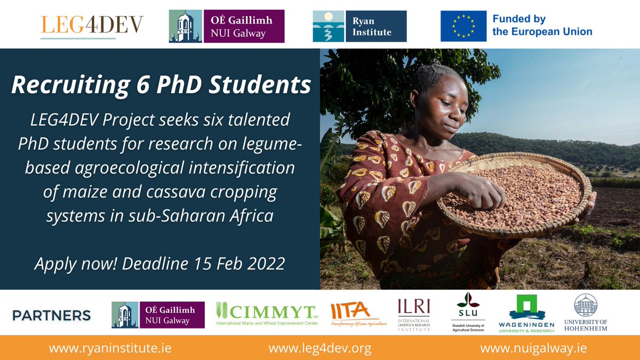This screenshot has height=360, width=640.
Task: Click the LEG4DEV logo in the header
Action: (x=92, y=26)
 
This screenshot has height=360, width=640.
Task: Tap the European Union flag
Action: (x=463, y=26)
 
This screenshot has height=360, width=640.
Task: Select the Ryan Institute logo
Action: (x=359, y=26)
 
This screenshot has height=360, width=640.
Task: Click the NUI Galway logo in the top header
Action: (x=227, y=26)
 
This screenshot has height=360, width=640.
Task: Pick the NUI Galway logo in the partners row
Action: (x=158, y=315)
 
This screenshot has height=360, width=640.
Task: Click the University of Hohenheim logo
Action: (x=586, y=314)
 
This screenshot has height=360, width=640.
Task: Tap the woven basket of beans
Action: (x=515, y=195)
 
